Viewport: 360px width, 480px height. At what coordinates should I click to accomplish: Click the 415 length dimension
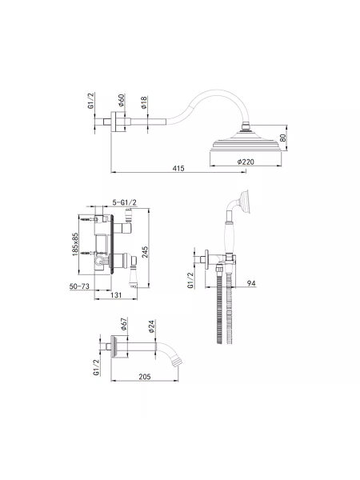(x=178, y=168)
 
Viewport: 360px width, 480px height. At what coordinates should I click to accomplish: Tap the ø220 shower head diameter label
(x=246, y=162)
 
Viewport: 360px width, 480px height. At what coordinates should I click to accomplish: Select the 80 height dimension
(x=283, y=138)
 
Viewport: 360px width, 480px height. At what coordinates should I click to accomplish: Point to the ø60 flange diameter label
(x=122, y=101)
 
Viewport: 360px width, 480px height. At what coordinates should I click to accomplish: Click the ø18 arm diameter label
(x=144, y=102)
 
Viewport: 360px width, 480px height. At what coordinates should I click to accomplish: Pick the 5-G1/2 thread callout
(x=124, y=202)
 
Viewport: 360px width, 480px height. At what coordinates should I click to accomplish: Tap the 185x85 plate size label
(x=75, y=244)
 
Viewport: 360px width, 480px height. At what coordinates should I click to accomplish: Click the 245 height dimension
(x=145, y=252)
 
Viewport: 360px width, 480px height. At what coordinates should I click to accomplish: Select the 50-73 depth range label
(x=79, y=286)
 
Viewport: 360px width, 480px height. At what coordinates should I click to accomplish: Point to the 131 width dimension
(x=116, y=294)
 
